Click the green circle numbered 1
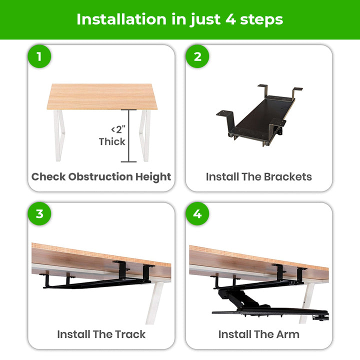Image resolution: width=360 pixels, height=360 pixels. click(x=39, y=56)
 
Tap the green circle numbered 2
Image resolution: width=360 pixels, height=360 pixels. click(x=197, y=56)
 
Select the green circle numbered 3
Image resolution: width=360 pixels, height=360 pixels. click(x=39, y=214)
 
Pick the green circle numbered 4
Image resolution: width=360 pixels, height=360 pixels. click(x=197, y=214)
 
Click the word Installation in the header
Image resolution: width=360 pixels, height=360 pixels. click(x=121, y=19)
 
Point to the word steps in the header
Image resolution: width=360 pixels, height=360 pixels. click(x=261, y=20)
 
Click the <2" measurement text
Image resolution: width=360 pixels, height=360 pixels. click(x=118, y=129)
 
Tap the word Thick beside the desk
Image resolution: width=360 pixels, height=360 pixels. click(x=112, y=141)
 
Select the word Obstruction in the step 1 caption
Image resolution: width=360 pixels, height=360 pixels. click(x=100, y=177)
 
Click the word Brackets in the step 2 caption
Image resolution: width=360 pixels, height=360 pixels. click(x=288, y=177)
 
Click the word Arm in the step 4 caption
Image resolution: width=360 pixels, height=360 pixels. click(x=288, y=334)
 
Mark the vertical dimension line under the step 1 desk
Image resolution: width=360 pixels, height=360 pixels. click(x=129, y=135)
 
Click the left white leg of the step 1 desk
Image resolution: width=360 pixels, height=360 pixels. click(x=59, y=135)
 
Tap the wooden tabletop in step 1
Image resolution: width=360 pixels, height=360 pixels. click(x=102, y=96)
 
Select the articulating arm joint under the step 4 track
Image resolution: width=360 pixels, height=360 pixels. click(x=239, y=298)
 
